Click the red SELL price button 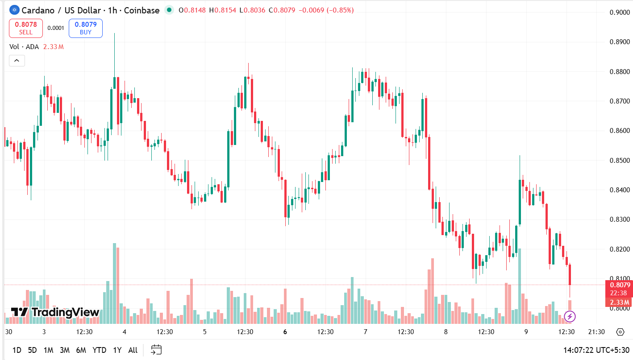[26, 28]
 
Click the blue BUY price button [86, 28]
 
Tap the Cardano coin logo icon [14, 10]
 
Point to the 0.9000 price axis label [620, 12]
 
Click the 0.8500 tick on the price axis [620, 161]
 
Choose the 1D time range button [17, 350]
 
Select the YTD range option [100, 350]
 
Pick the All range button [133, 350]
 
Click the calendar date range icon [156, 350]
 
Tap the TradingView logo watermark [54, 312]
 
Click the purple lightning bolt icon [570, 317]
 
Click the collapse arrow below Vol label [17, 61]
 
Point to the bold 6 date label [285, 331]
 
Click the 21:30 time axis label [596, 331]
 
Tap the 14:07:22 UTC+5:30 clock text [596, 350]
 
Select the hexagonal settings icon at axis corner [620, 331]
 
